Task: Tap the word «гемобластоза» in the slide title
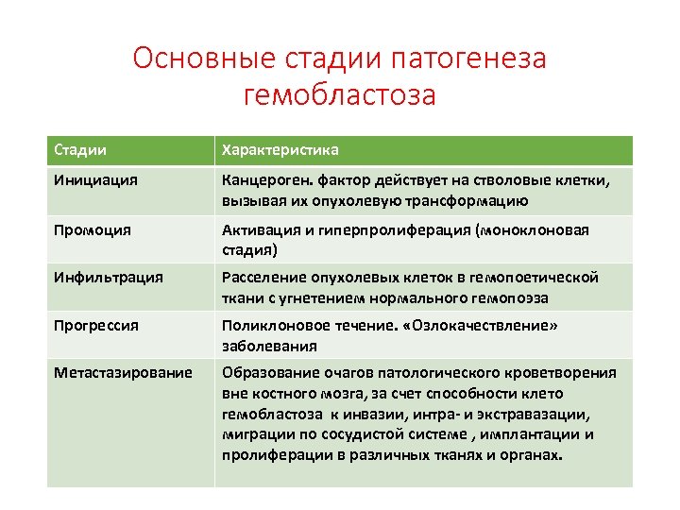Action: pos(340,94)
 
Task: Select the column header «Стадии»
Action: pos(80,150)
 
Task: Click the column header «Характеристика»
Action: pos(280,150)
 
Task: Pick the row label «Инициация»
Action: pos(95,180)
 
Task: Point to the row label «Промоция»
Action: pos(93,229)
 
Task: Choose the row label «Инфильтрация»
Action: pos(109,278)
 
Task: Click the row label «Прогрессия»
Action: pos(96,326)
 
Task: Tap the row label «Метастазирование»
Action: pos(123,373)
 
